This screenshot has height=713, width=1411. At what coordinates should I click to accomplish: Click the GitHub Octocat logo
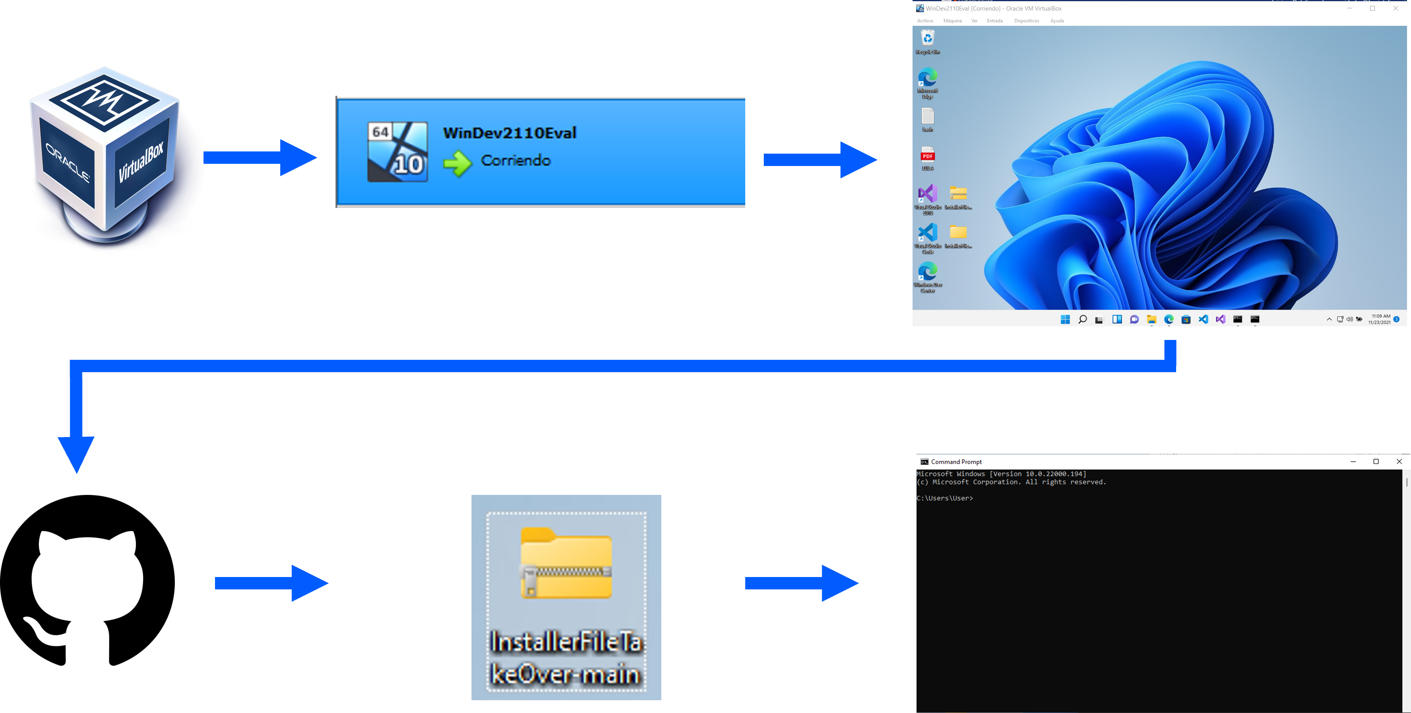(88, 581)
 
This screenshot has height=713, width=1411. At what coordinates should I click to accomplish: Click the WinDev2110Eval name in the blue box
(509, 133)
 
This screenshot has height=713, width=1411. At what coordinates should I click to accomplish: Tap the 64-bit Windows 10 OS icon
(397, 152)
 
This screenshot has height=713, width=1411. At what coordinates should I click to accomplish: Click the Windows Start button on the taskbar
(1065, 319)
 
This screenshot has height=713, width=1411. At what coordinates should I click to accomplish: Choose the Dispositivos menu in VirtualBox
(1026, 21)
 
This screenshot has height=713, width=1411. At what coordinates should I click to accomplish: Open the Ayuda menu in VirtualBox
(1056, 21)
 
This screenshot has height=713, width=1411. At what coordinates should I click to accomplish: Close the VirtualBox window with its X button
(1395, 8)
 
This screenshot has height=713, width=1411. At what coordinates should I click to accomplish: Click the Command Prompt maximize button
(1375, 462)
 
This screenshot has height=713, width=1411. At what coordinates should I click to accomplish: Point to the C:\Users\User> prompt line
(945, 498)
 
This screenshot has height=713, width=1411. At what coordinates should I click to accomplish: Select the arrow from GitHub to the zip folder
(271, 583)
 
